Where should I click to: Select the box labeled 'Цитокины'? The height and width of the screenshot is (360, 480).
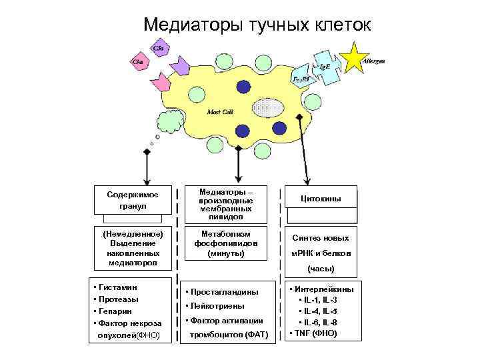321,199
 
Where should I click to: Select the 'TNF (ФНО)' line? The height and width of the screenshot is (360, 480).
313,333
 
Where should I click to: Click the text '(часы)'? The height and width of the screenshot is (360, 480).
321,269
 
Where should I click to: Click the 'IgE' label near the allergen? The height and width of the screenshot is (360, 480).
324,67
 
